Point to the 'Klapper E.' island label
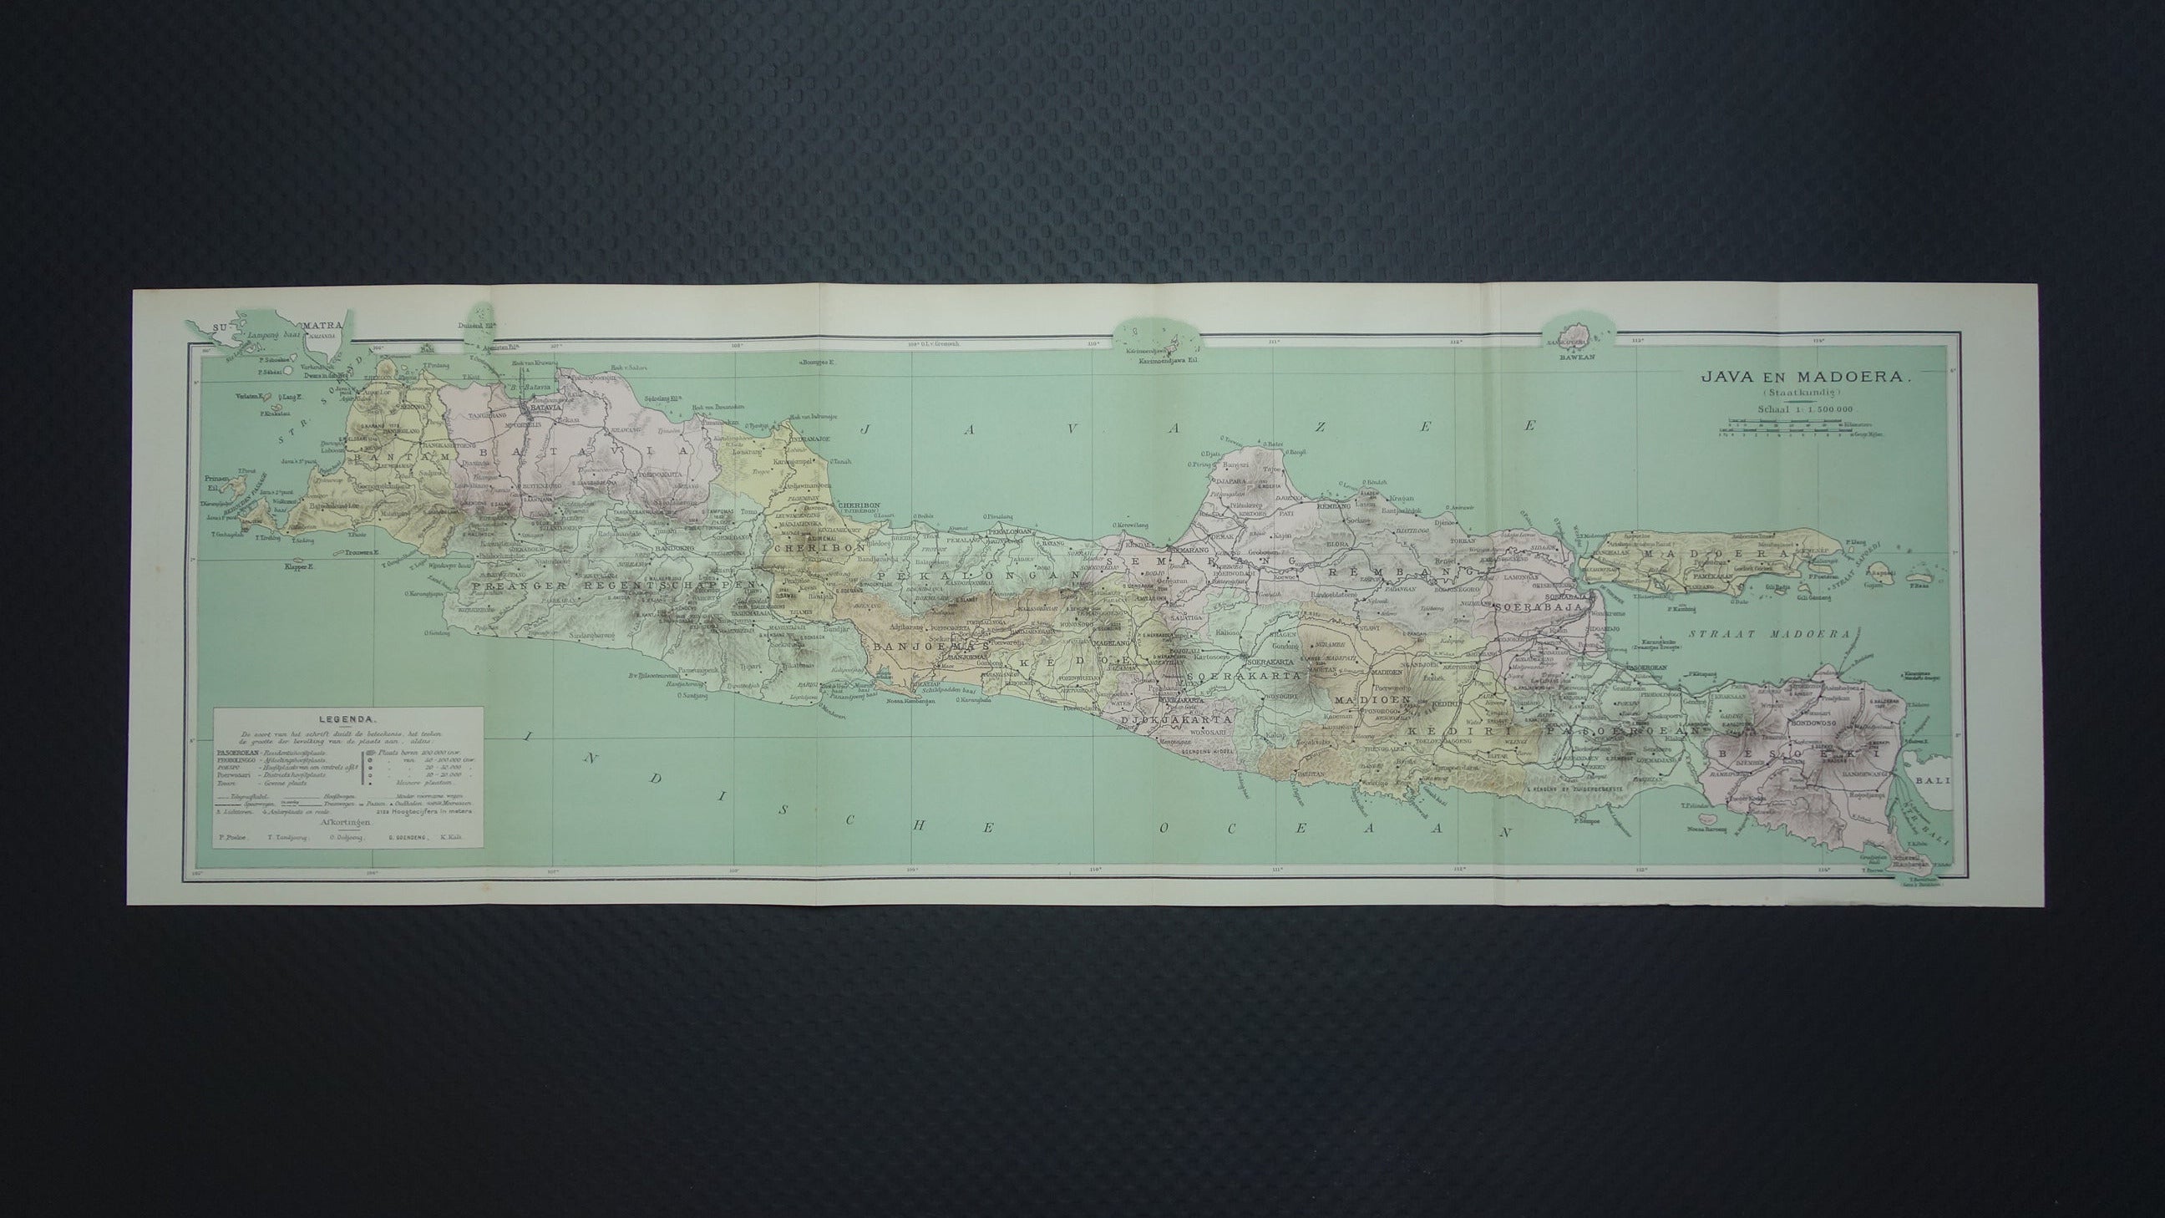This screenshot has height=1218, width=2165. (298, 566)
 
